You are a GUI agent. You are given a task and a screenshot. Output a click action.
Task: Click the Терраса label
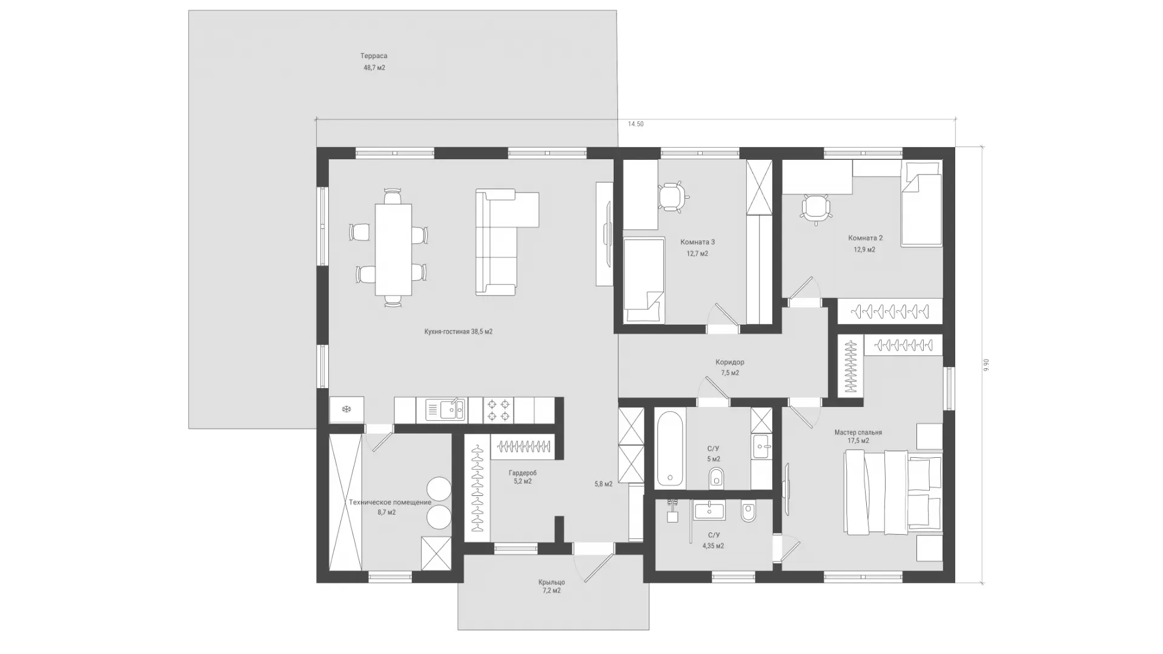(374, 56)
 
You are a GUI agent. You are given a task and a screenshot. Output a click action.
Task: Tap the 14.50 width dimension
(635, 124)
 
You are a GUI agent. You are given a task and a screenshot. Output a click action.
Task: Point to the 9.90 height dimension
(986, 365)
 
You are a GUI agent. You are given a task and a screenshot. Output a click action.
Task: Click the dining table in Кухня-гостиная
(393, 249)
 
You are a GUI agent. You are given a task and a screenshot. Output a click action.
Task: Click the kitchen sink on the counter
(445, 410)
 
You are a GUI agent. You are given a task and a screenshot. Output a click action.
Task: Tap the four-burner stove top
(499, 410)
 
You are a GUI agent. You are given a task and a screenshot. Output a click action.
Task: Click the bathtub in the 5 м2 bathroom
(670, 448)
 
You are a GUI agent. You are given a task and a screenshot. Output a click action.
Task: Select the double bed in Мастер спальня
(893, 492)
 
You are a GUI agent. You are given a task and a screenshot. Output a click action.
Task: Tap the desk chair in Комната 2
(815, 209)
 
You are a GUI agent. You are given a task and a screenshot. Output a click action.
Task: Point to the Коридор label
(730, 362)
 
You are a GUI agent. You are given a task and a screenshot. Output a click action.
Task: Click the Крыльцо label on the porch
(551, 583)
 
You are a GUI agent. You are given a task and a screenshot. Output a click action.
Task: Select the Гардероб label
(523, 473)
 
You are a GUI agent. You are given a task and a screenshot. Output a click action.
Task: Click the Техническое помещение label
(390, 503)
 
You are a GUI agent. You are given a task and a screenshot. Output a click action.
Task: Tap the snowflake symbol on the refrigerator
(347, 410)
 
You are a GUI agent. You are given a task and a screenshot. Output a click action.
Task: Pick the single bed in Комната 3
(644, 280)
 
